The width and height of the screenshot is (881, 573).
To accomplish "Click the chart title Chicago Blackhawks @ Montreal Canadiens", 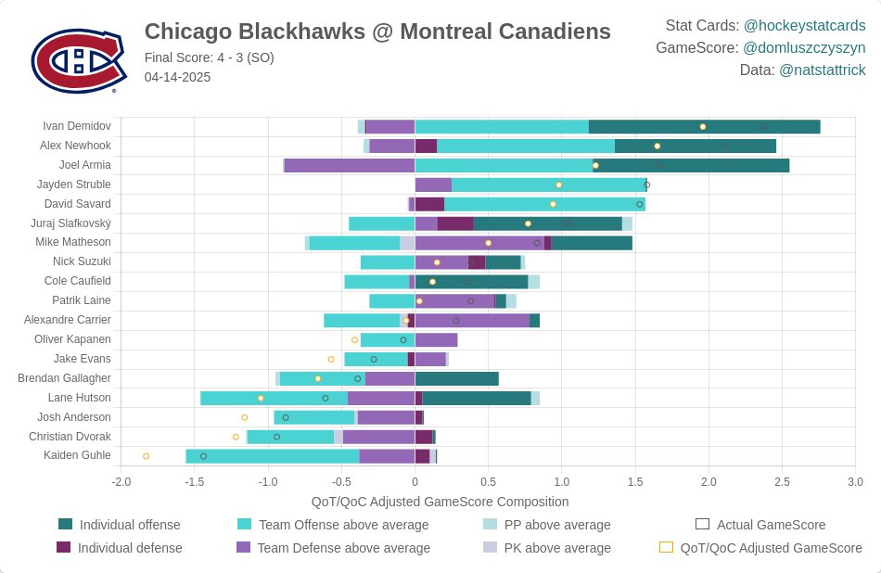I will coord(377,32).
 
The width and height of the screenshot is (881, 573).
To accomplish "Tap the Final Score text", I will coord(210,57).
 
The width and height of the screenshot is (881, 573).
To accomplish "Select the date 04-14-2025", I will coord(177,77).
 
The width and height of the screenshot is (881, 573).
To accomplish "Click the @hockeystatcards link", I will coord(804,25).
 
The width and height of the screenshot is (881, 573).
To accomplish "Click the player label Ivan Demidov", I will coord(77,126).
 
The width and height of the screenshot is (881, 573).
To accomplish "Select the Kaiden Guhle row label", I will coord(77,455).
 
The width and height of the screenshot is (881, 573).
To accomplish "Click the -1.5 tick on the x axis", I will coord(195,482).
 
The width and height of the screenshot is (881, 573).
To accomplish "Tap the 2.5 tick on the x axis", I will coord(782,482).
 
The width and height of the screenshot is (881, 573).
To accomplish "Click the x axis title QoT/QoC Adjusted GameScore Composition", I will coord(440,502).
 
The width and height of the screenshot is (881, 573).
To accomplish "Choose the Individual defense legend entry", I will coord(130,548).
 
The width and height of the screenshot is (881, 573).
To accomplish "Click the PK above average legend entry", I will coord(556,548).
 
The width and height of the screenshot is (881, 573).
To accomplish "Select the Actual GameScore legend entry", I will coord(771,525).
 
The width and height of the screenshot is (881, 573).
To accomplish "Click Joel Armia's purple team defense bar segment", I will coord(349,165).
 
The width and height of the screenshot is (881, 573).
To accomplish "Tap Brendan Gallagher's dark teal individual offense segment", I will coord(456,378).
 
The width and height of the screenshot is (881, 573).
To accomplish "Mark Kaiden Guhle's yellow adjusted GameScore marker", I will coord(146,456).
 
